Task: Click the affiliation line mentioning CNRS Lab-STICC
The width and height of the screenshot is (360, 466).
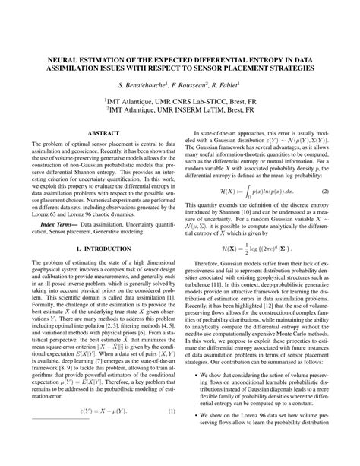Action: coord(180,100)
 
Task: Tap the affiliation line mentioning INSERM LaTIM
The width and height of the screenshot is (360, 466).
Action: coord(180,109)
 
